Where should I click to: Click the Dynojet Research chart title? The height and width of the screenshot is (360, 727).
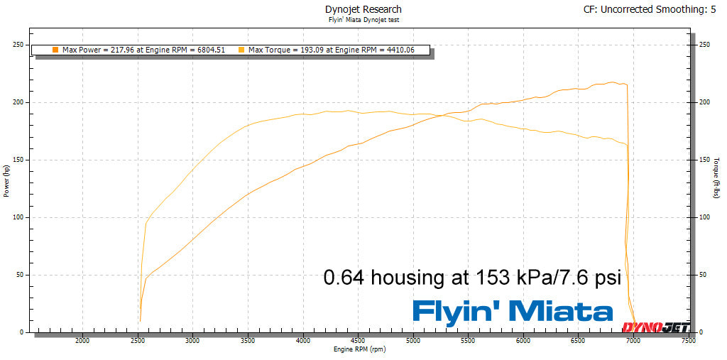pos(363,9)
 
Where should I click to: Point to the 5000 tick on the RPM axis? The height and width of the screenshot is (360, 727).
pos(413,341)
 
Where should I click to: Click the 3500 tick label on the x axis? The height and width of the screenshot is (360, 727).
pos(248,341)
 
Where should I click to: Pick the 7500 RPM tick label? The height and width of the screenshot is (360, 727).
pos(688,341)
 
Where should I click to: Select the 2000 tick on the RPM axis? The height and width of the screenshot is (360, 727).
pos(82,341)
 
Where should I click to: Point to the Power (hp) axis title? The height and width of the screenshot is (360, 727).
pos(6,180)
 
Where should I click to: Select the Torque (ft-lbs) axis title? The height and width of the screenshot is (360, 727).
pos(717,178)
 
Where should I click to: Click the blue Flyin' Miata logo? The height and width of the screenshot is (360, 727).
pos(513,311)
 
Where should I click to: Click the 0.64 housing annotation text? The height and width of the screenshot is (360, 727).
pos(471,277)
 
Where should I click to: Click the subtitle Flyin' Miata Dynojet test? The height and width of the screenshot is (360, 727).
pos(363,21)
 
